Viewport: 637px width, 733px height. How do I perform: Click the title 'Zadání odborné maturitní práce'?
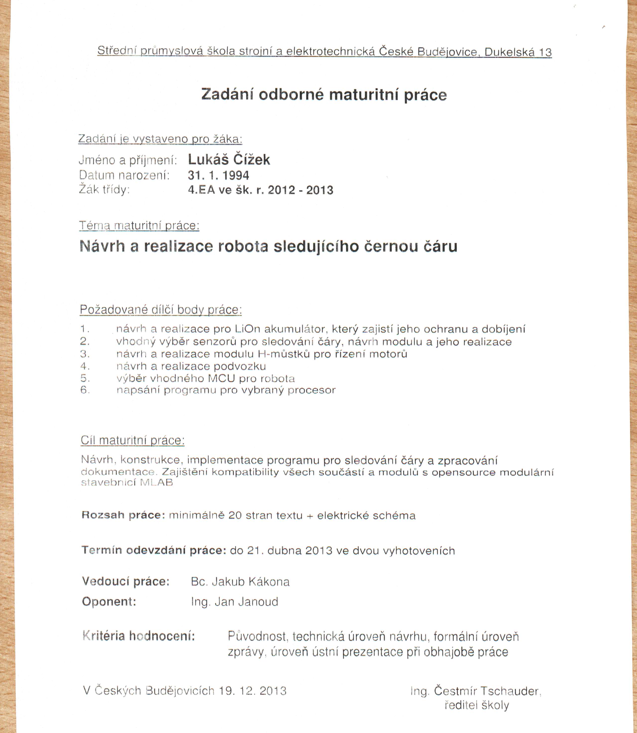(324, 95)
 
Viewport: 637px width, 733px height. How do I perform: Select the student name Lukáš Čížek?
(229, 160)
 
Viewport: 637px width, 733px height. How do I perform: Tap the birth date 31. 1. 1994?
(218, 175)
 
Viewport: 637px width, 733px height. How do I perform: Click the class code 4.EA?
(202, 190)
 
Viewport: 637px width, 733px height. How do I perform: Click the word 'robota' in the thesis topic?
(243, 246)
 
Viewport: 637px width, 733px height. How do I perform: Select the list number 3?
(85, 354)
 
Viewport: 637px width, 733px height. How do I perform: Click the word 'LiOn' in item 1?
(247, 329)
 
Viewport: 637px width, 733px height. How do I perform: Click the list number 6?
(85, 390)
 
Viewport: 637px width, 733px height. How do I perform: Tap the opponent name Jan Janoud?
(246, 602)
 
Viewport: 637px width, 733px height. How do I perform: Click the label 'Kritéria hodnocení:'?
(139, 636)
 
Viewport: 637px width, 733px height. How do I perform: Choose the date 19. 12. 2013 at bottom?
(253, 691)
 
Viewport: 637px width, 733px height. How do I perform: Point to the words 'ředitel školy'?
(477, 705)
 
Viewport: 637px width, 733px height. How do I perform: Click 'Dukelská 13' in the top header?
(518, 52)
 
